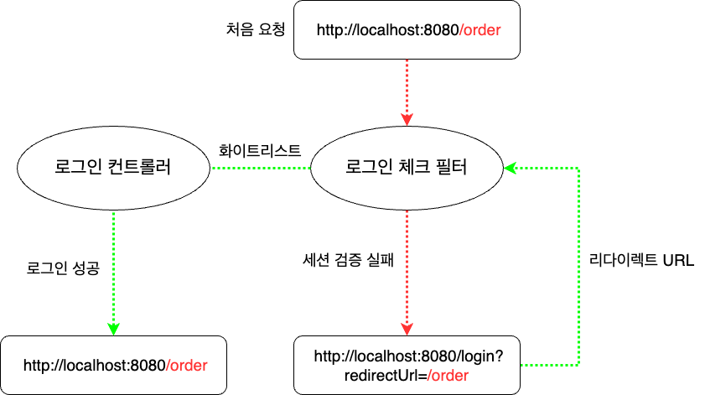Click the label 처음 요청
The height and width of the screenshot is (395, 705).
point(251,30)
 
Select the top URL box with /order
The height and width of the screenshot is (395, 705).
point(407,31)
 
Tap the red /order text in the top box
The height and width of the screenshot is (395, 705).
point(480,31)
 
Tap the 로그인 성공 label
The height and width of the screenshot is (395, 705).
point(63,269)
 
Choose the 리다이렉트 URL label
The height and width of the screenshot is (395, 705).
point(642,260)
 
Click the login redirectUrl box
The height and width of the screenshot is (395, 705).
point(407,366)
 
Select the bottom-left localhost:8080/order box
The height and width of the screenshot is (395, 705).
point(112,366)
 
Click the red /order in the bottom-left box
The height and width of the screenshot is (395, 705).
point(186,366)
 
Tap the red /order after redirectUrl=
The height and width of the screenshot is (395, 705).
point(448,377)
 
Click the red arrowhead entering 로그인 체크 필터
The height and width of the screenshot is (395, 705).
point(407,118)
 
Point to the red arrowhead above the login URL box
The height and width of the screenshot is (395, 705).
point(407,328)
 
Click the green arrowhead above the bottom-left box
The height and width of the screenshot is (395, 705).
point(112,328)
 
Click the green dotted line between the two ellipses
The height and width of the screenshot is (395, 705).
point(260,169)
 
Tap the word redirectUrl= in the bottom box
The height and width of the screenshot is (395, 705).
point(386,377)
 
